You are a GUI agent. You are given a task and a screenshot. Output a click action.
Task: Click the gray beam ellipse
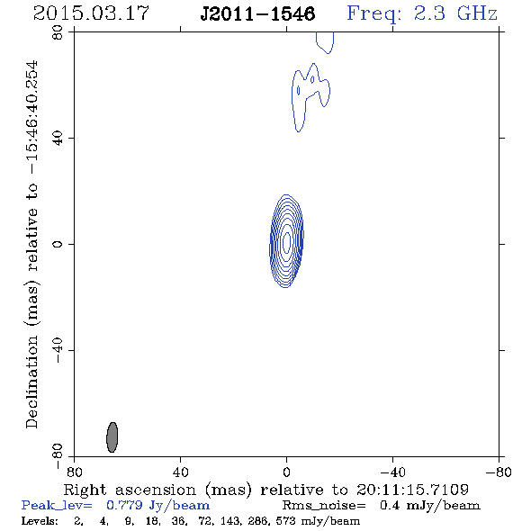[x=112, y=437]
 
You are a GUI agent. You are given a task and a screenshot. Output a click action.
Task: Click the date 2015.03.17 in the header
[x=91, y=13]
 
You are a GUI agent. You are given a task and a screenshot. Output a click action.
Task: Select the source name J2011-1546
[x=257, y=13]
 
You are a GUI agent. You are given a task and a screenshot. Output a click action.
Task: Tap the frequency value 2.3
[x=429, y=13]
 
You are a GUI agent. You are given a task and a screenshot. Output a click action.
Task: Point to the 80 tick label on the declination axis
[x=58, y=32]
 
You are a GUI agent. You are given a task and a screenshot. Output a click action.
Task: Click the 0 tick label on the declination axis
[x=58, y=244]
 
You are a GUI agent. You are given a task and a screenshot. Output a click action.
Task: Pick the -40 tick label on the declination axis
[x=58, y=350]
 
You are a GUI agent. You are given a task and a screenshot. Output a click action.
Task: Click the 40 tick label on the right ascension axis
[x=180, y=472]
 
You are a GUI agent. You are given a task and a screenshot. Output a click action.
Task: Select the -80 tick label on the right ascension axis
[x=499, y=472]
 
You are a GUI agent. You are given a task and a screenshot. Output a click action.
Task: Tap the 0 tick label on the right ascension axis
[x=286, y=472]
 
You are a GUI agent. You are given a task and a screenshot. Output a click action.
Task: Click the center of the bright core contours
[x=286, y=241]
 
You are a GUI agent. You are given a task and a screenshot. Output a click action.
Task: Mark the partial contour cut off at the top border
[x=325, y=42]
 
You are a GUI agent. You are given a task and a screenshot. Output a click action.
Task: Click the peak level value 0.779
[x=124, y=505]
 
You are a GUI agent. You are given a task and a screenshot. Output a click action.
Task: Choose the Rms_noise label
[x=324, y=506]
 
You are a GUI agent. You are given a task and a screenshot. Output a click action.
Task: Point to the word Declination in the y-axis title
[x=31, y=382]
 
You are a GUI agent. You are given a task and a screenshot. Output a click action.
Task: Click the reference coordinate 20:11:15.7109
[x=412, y=490]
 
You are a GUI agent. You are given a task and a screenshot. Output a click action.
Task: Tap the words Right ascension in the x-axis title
[x=130, y=490]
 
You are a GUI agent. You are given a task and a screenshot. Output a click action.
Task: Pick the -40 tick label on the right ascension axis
[x=392, y=472]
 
